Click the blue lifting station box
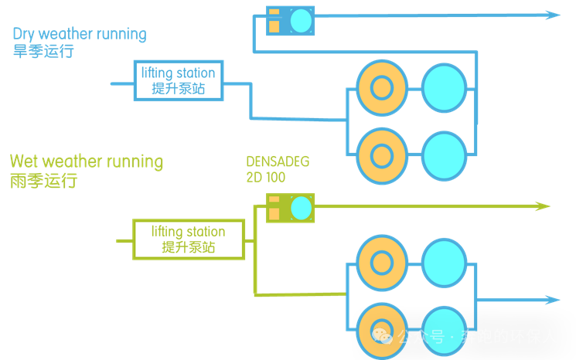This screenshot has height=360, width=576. click(x=179, y=80)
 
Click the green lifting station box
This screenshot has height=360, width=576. click(x=189, y=239)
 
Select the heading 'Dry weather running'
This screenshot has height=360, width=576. click(x=80, y=34)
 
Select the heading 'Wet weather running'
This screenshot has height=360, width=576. click(x=87, y=161)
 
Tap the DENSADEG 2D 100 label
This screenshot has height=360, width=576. click(x=278, y=169)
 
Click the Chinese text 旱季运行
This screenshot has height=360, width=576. click(x=43, y=52)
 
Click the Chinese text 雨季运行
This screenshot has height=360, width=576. click(x=43, y=182)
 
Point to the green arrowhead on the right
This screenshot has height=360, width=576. click(x=543, y=206)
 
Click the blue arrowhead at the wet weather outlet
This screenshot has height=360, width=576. click(x=552, y=300)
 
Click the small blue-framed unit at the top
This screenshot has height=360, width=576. click(x=290, y=21)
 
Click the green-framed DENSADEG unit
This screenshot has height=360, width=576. click(x=290, y=208)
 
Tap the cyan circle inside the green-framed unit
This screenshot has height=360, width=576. click(x=301, y=208)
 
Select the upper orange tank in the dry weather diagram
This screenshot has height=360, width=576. click(x=380, y=88)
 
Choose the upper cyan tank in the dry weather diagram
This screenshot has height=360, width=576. click(x=445, y=88)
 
